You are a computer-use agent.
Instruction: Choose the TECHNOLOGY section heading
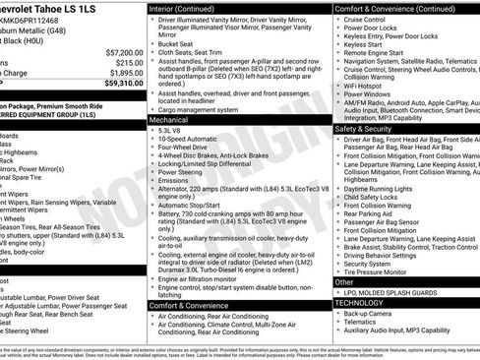click(366, 302)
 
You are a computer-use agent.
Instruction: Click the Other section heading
click(345, 281)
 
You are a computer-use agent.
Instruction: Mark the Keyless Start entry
click(365, 43)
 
